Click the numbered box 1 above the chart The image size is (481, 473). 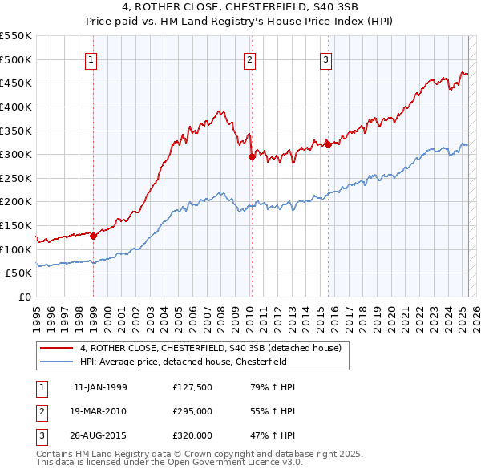91,59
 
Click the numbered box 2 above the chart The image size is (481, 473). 249,59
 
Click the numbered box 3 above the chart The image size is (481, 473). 326,59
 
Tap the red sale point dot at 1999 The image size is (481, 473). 93,236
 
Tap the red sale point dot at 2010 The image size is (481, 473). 251,156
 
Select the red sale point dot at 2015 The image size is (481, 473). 328,144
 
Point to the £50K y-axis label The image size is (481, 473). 20,273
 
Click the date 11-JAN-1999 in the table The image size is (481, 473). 100,387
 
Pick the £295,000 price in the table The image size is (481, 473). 192,411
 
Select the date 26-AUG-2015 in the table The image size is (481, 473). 100,435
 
